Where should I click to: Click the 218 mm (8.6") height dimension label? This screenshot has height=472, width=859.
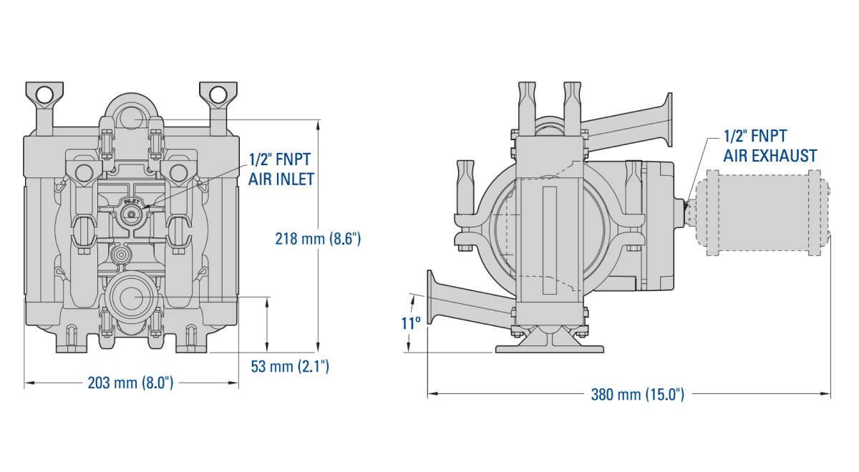318,239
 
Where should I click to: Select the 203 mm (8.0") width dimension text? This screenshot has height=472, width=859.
131,383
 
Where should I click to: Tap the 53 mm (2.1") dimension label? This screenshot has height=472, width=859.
290,367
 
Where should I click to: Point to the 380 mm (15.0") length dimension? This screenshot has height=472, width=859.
637,394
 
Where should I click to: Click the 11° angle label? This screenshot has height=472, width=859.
410,323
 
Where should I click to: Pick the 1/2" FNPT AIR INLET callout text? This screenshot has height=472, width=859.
281,169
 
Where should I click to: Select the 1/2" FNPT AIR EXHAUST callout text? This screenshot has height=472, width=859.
770,146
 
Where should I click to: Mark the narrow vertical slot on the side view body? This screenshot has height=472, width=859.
549,240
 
